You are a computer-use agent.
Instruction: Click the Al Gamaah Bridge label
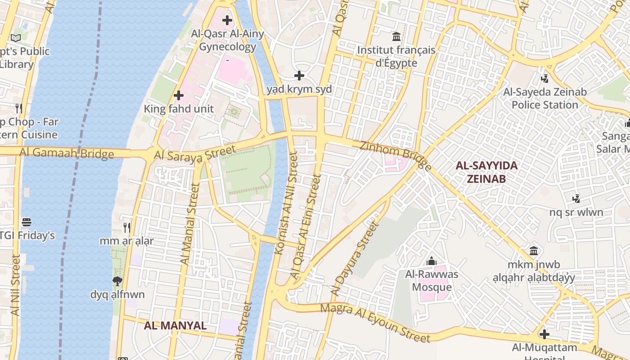[67, 153]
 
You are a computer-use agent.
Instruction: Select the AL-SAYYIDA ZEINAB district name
[486, 172]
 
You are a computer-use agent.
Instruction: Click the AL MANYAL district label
[175, 325]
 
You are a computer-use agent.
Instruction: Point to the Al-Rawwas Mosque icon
[432, 261]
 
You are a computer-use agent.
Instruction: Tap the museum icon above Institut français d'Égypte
[396, 36]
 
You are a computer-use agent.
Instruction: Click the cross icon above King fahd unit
[179, 95]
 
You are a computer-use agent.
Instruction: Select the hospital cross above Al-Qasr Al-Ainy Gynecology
[227, 20]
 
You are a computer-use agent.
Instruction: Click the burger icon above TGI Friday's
[27, 222]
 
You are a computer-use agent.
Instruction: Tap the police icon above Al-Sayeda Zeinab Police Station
[545, 79]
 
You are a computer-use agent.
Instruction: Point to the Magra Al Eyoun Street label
[375, 322]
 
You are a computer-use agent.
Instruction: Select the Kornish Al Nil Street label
[286, 204]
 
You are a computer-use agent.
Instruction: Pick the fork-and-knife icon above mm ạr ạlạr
[127, 228]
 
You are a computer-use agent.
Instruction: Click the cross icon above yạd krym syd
[299, 76]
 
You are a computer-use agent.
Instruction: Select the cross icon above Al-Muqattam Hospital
[544, 334]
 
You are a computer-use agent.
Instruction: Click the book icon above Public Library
[16, 38]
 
